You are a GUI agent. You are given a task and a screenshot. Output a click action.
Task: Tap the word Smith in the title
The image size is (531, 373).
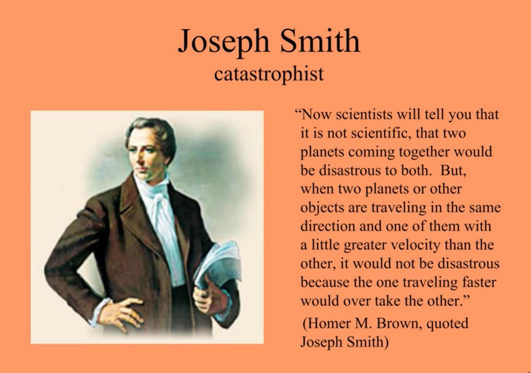320,40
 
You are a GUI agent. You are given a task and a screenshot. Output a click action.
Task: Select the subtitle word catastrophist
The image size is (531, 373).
269,74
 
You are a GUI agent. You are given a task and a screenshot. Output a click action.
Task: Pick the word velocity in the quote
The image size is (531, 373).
415,246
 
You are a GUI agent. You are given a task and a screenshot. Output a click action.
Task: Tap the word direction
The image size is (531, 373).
328,226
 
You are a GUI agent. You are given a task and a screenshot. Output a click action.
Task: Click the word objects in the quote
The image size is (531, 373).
322,208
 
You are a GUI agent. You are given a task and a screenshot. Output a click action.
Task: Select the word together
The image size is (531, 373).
424,152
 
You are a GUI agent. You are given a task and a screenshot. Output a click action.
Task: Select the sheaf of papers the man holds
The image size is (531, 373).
217,265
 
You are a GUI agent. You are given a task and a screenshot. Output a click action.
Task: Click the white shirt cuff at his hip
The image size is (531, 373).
98,311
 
